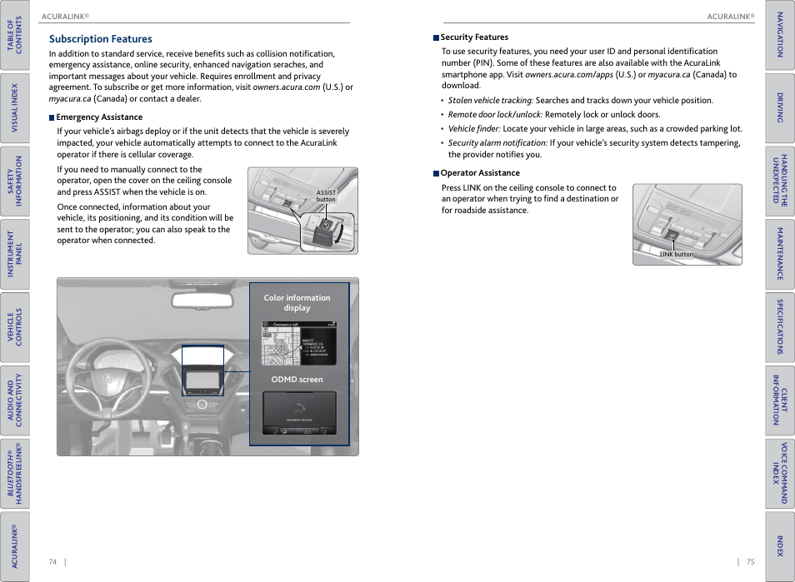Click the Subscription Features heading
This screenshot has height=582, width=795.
[100, 39]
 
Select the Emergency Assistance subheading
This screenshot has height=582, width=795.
[98, 117]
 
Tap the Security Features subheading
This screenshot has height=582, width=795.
[473, 37]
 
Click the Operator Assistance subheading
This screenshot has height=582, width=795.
[479, 173]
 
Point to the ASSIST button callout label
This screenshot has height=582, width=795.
[326, 196]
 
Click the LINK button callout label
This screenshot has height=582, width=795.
[676, 255]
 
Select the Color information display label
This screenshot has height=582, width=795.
[297, 302]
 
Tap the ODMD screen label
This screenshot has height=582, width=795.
[297, 380]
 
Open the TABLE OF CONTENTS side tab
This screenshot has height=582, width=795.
[15, 36]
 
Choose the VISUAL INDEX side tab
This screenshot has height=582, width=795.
[15, 108]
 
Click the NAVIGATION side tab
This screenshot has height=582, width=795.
[780, 36]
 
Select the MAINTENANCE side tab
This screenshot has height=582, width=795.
[780, 254]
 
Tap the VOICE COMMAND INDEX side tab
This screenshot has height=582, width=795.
[780, 473]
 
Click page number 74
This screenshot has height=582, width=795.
[52, 562]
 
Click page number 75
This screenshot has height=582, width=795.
[750, 562]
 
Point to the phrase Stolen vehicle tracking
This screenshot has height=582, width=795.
[490, 101]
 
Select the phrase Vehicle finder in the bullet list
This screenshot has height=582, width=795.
[474, 129]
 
